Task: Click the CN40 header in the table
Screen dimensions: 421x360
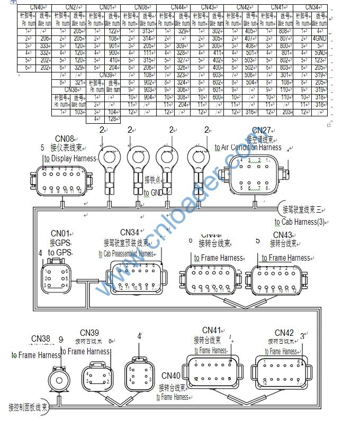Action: (35, 7)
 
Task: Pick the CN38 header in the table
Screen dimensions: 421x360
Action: (70, 90)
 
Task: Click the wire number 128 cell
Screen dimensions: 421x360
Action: (113, 120)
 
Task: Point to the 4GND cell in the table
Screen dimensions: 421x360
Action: (319, 39)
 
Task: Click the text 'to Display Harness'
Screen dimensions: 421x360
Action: (70, 158)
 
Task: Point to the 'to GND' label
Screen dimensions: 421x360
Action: (154, 193)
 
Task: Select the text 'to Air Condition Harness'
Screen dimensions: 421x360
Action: (248, 148)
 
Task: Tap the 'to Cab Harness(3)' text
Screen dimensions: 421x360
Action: (299, 222)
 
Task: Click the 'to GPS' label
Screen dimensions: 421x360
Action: (59, 253)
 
